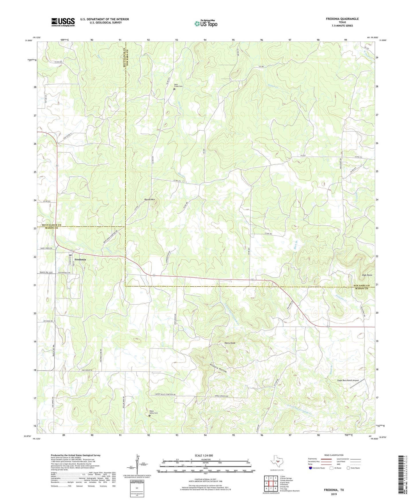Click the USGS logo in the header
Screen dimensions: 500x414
click(x=63, y=22)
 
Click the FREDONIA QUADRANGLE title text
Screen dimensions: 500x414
click(x=342, y=19)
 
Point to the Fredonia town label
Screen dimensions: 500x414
click(x=80, y=259)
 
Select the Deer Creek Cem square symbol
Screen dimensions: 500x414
click(x=174, y=89)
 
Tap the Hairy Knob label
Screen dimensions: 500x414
click(x=230, y=343)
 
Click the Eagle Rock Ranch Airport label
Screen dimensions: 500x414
click(x=348, y=381)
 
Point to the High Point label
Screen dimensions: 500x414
click(x=367, y=275)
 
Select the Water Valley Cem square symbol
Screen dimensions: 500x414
click(x=149, y=416)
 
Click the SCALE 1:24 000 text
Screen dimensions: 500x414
click(x=203, y=455)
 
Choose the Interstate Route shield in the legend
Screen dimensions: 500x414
click(x=311, y=468)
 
